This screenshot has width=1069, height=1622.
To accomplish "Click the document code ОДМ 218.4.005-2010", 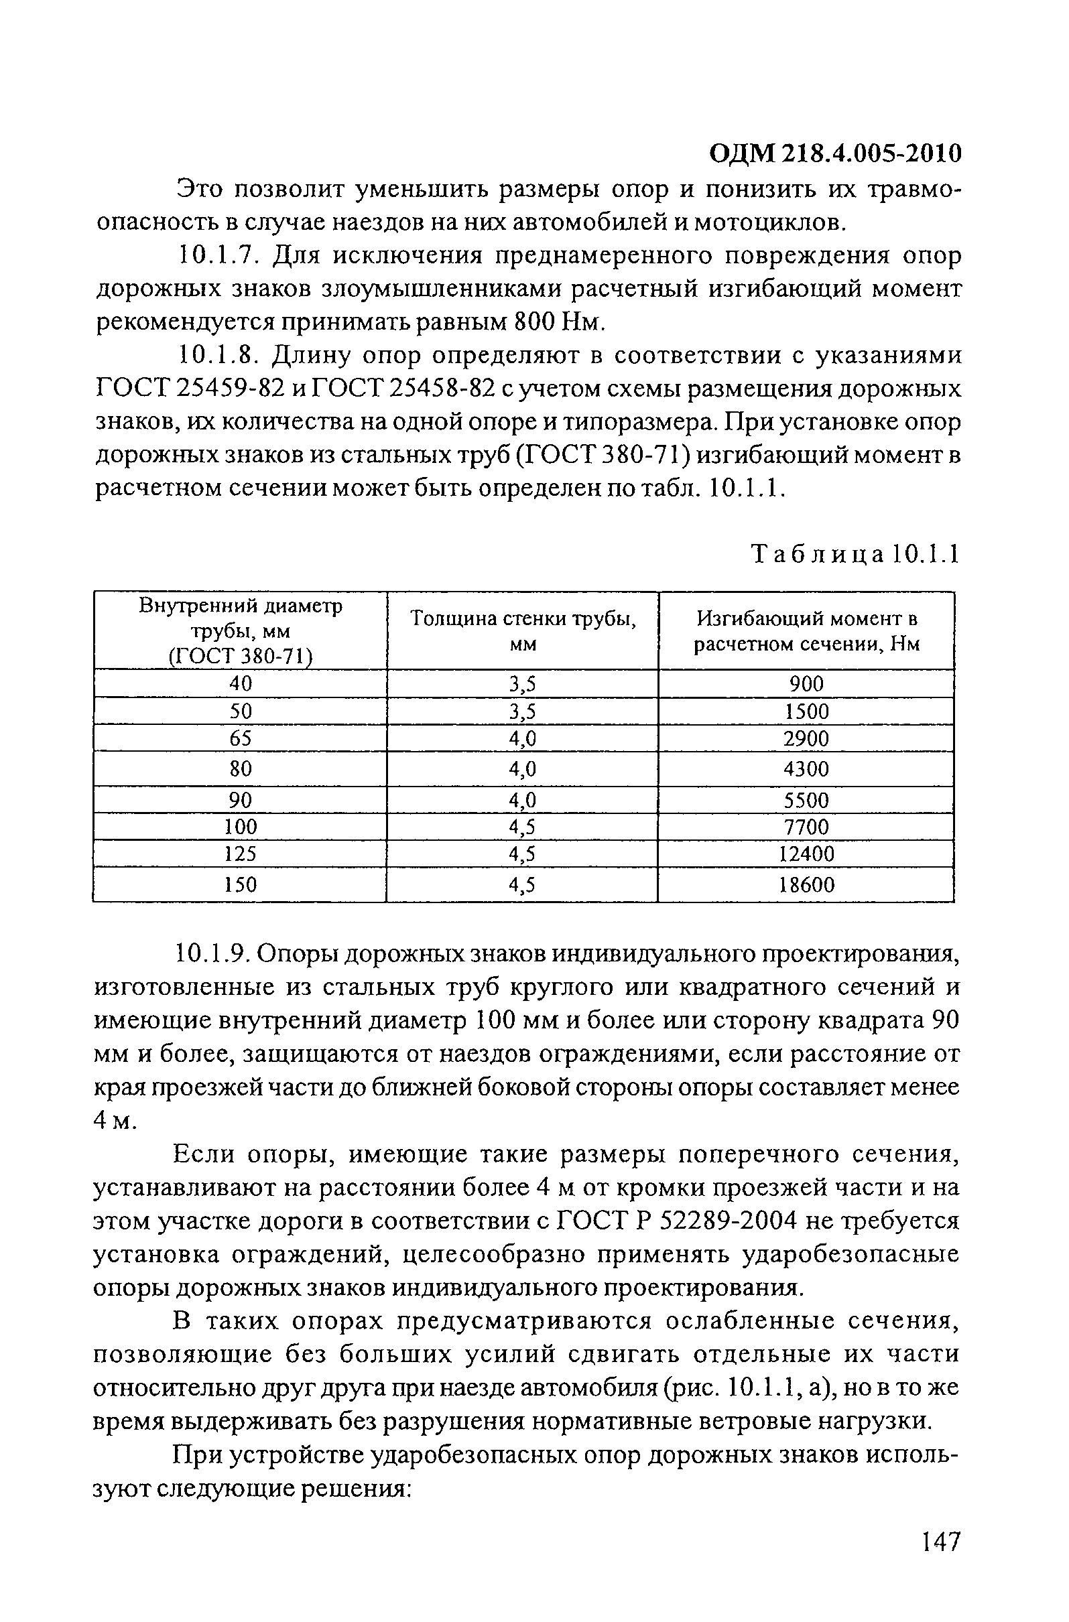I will pyautogui.click(x=835, y=154).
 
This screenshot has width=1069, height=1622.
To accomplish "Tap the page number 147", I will pyautogui.click(x=940, y=1560).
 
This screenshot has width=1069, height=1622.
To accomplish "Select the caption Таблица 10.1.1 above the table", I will pyautogui.click(x=855, y=555).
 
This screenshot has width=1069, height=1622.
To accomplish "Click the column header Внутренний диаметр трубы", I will pyautogui.click(x=240, y=630).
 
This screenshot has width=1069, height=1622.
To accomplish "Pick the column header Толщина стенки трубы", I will pyautogui.click(x=522, y=630).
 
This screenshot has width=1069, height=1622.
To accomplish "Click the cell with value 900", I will pyautogui.click(x=806, y=683).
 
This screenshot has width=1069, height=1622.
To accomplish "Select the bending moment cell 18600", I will pyautogui.click(x=806, y=885).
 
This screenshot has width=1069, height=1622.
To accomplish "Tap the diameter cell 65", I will pyautogui.click(x=240, y=739).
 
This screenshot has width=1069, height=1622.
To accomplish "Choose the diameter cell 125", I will pyautogui.click(x=240, y=854).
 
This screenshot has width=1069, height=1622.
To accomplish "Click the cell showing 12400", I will pyautogui.click(x=806, y=854).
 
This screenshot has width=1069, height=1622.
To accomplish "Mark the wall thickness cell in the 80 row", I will pyautogui.click(x=522, y=769).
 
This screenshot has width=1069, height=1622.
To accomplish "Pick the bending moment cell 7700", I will pyautogui.click(x=806, y=827).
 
